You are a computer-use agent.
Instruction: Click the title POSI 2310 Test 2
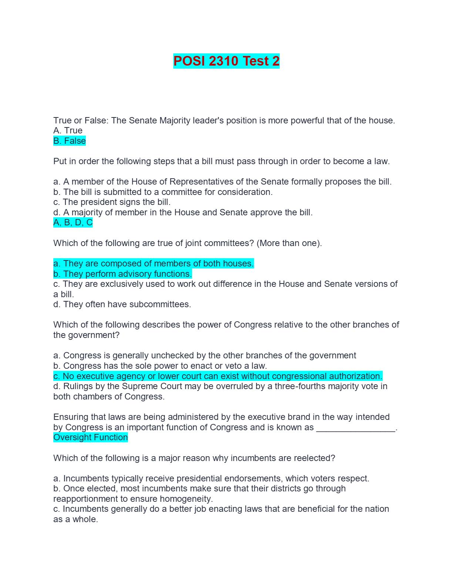226,61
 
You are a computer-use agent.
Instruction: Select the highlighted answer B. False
70,141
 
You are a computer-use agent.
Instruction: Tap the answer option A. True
68,130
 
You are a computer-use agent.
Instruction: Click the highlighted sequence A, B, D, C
73,223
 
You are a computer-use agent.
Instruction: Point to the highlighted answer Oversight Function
90,437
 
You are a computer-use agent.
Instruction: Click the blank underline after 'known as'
356,428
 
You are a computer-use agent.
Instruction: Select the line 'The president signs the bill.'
112,202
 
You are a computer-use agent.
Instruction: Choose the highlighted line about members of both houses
154,263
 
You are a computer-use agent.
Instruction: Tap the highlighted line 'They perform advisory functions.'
123,274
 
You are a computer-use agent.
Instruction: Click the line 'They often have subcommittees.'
122,304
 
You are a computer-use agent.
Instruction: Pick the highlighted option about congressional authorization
218,376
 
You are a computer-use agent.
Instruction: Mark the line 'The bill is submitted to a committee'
163,192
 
